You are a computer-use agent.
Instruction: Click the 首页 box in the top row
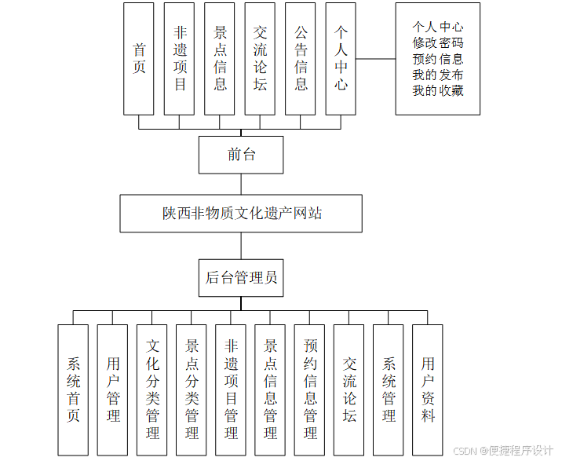click(x=139, y=58)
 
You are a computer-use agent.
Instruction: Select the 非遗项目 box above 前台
click(x=179, y=58)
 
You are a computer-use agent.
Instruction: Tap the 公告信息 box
click(x=301, y=58)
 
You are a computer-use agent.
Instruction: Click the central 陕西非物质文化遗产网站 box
click(x=242, y=214)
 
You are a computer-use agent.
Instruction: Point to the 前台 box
click(x=241, y=155)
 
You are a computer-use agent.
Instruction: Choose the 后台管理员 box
click(x=241, y=277)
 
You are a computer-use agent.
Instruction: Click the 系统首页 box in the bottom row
click(x=74, y=390)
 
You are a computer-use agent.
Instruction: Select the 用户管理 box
click(x=113, y=390)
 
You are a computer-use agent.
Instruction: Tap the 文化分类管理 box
click(x=152, y=390)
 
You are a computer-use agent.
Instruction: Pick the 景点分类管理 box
click(x=192, y=390)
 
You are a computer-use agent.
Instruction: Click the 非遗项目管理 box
click(x=231, y=390)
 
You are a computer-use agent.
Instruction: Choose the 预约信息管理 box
click(x=310, y=390)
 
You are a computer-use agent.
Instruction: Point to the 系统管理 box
click(x=389, y=390)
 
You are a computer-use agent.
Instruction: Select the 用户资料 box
click(x=428, y=390)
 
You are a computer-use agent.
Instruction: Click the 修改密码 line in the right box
click(x=438, y=43)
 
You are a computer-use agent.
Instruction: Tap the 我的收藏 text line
click(x=438, y=90)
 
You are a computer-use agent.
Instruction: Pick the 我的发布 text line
click(x=438, y=75)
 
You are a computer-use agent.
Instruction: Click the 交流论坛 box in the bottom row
click(x=349, y=390)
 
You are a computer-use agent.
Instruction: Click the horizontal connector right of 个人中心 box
click(x=375, y=59)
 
